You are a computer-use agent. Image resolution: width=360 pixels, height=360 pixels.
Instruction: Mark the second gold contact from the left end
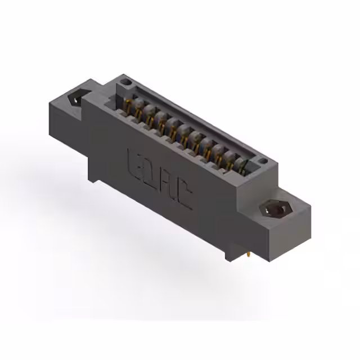click(x=139, y=111)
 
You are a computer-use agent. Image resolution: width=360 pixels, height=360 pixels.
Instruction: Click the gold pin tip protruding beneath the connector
click(x=247, y=256)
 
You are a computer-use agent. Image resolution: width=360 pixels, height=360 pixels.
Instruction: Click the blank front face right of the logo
click(x=219, y=219)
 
